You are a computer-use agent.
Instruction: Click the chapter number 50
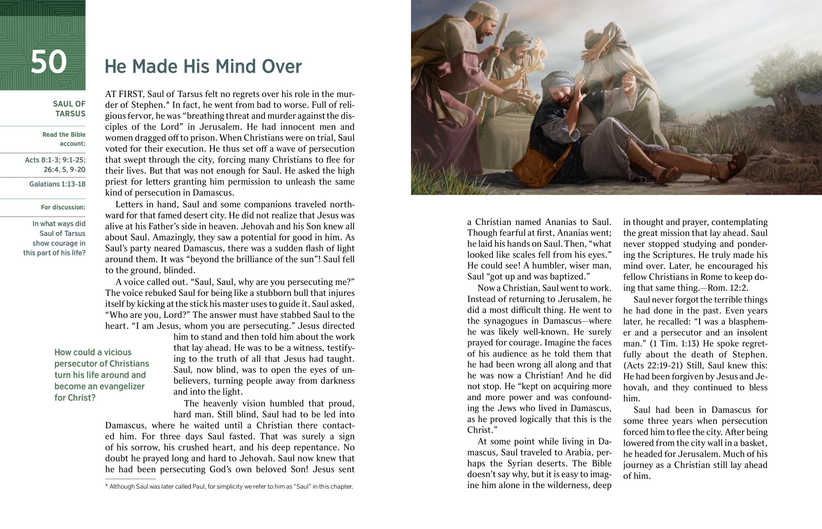point(48,62)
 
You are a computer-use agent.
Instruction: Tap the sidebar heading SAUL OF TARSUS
point(69,109)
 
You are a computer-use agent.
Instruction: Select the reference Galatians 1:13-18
point(57,184)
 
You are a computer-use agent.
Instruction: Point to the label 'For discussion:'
point(63,207)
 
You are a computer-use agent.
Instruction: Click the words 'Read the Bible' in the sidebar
point(64,135)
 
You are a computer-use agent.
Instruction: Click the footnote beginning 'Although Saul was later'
point(229,486)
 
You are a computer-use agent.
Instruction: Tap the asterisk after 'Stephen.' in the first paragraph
point(168,104)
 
